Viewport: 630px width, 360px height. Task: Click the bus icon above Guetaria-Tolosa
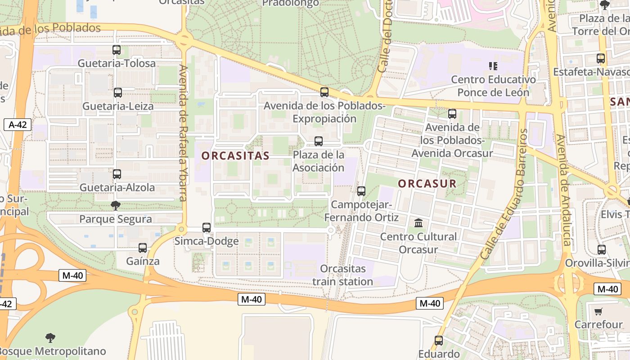point(117,50)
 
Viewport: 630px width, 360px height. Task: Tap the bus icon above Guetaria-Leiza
point(118,93)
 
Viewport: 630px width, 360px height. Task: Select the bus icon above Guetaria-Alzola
point(117,174)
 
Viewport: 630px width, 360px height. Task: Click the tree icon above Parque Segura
point(116,206)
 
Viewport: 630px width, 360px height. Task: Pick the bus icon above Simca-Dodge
point(207,228)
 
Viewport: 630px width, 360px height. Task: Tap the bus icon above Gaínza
point(143,247)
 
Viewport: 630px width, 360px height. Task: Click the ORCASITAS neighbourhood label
point(235,156)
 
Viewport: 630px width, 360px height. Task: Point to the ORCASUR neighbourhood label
point(427,184)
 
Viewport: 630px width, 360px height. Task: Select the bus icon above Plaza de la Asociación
point(319,141)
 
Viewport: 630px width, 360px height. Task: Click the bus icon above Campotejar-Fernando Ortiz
point(361,191)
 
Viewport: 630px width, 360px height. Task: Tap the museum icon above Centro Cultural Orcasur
point(418,223)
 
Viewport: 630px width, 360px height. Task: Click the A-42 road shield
point(18,125)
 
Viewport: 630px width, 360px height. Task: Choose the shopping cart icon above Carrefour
point(598,311)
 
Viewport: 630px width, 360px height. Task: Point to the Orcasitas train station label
point(343,275)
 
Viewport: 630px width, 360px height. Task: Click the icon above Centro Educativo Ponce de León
point(493,67)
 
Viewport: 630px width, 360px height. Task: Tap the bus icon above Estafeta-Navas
point(601,58)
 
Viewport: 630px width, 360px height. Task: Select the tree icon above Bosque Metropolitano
point(50,337)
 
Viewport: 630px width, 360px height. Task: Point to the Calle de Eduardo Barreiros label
point(504,193)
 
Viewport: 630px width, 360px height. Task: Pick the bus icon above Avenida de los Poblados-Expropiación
point(324,92)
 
